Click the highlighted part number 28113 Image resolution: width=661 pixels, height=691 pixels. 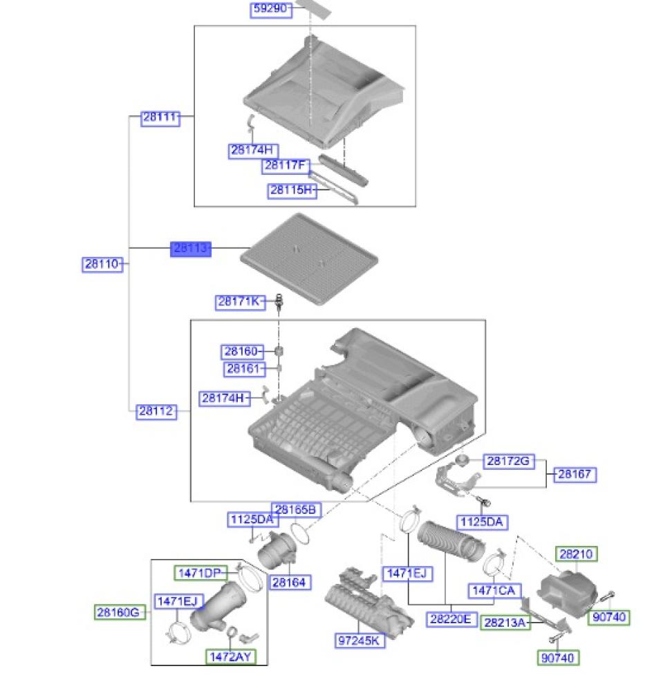pyautogui.click(x=190, y=248)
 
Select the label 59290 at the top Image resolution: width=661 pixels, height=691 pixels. pyautogui.click(x=270, y=9)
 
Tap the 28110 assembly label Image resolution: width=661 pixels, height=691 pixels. pyautogui.click(x=102, y=264)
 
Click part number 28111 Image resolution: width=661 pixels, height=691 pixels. pyautogui.click(x=160, y=117)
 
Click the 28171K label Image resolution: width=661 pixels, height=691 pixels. pyautogui.click(x=240, y=301)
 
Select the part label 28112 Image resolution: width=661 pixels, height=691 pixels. pyautogui.click(x=156, y=411)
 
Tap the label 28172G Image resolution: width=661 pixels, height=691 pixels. pyautogui.click(x=509, y=461)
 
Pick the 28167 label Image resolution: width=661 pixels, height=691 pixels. pyautogui.click(x=575, y=474)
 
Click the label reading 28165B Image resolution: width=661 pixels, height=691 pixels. pyautogui.click(x=295, y=510)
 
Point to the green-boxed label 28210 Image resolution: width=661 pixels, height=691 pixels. pyautogui.click(x=576, y=554)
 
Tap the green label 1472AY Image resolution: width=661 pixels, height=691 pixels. pyautogui.click(x=230, y=656)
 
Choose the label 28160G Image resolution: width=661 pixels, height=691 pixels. pyautogui.click(x=120, y=612)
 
